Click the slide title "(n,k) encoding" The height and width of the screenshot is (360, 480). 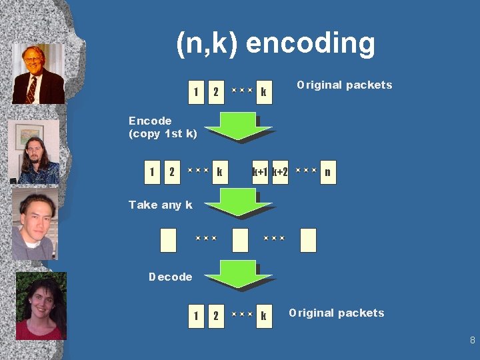275,44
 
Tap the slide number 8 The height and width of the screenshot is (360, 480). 472,340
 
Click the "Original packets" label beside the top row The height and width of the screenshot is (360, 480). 345,85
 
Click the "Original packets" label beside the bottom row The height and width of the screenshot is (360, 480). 337,313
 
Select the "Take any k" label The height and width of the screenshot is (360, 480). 160,205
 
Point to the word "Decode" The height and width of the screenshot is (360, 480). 170,277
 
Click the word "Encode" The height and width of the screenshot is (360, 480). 150,121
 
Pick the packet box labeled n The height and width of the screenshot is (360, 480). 327,173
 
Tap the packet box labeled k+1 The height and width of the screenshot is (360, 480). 260,173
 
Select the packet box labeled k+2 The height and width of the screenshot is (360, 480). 281,173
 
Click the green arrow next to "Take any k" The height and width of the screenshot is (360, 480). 239,203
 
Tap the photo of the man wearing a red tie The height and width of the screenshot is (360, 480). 38,74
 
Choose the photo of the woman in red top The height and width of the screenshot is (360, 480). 41,305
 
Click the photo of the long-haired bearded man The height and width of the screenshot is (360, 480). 34,152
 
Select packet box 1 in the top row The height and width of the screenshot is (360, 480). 195,92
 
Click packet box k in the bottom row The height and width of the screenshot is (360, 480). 264,315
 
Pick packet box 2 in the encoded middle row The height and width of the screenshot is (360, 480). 172,173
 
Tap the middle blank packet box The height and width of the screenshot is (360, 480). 240,240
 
